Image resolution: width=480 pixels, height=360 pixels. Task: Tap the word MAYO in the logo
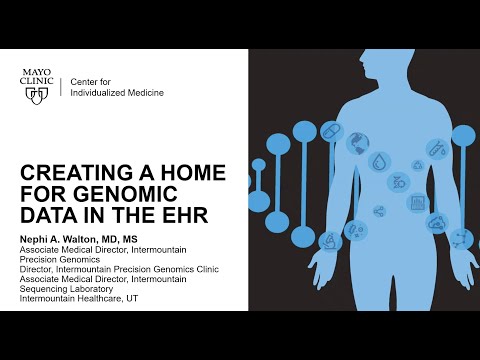tap(39, 72)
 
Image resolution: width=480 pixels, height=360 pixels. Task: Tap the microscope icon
tap(460, 236)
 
